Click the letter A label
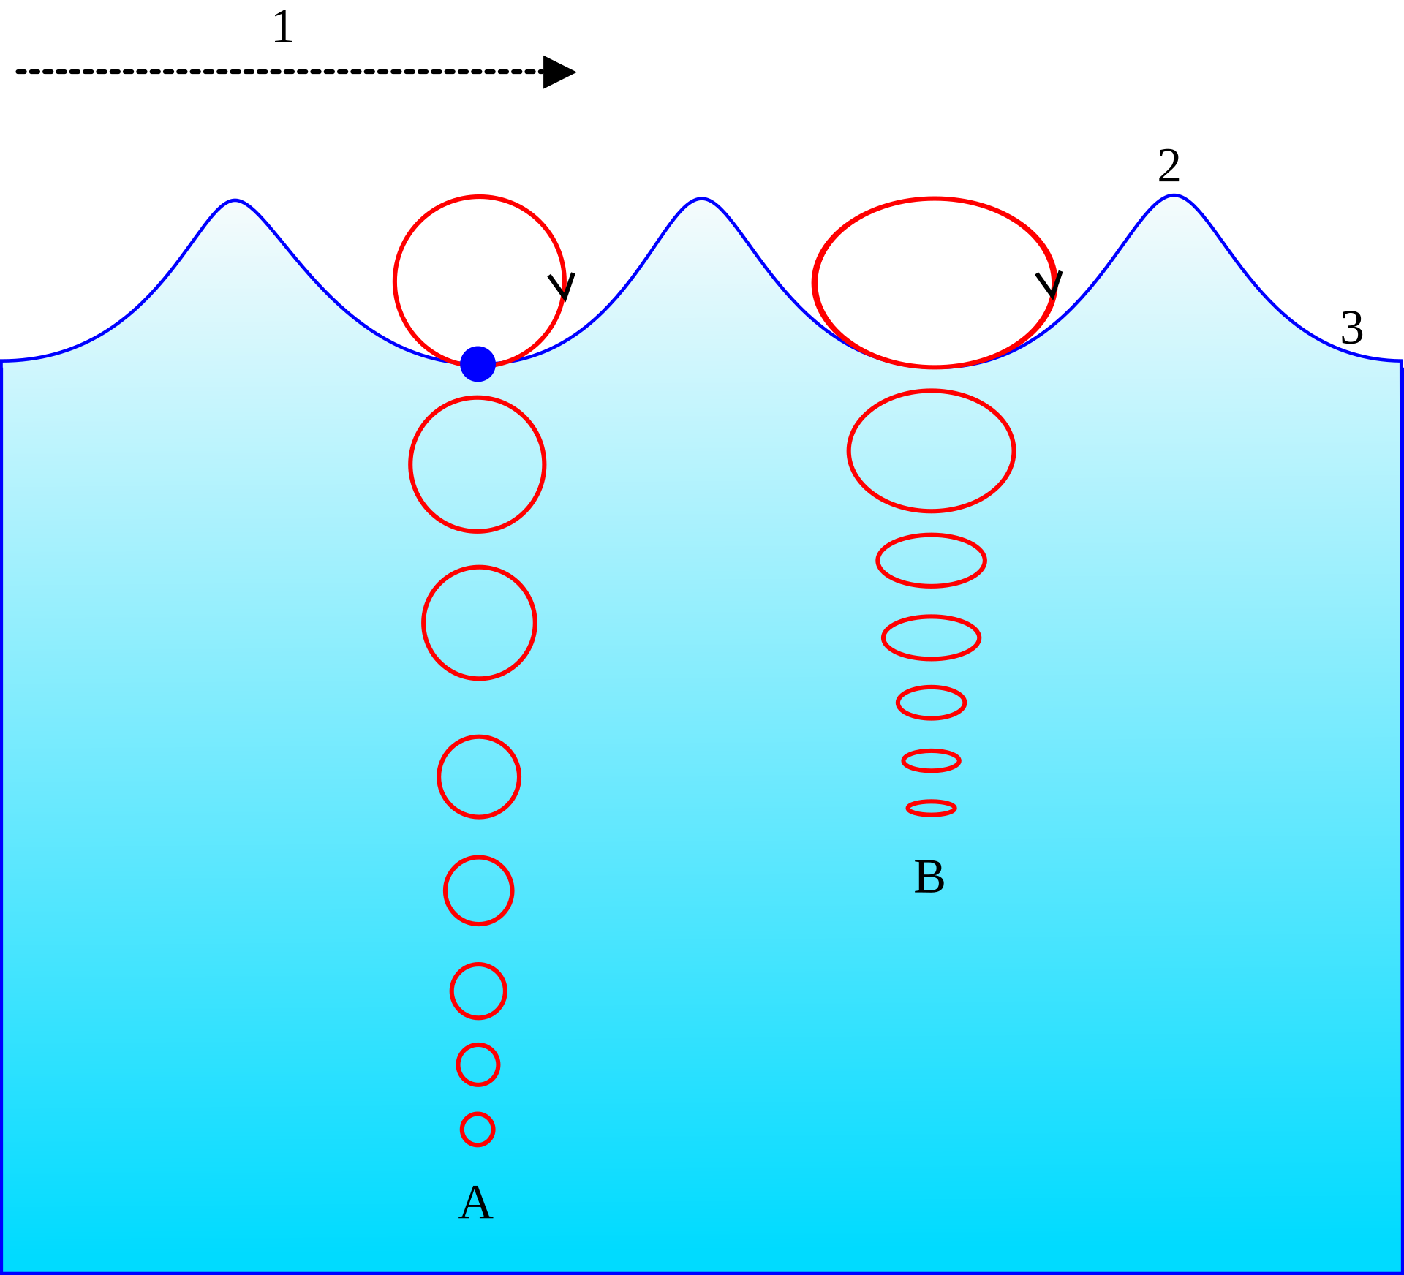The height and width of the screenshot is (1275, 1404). point(476,1203)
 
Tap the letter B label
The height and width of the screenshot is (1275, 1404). point(929,877)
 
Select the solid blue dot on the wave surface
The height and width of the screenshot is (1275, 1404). point(478,363)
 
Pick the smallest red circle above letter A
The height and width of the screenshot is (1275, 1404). point(478,1130)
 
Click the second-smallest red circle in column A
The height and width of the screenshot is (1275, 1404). point(478,1064)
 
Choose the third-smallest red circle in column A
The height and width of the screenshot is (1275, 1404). point(478,991)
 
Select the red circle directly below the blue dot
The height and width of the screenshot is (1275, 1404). point(478,464)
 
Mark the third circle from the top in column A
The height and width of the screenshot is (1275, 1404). point(479,623)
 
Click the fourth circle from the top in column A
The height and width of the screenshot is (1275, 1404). point(479,776)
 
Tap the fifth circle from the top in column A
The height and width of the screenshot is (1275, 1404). point(478,890)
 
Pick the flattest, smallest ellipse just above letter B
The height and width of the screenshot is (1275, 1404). point(931,808)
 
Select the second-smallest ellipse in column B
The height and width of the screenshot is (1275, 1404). point(931,760)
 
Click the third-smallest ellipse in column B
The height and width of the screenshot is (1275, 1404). point(931,703)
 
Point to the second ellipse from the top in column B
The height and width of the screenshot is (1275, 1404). point(931,450)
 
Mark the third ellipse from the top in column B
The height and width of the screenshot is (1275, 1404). point(931,561)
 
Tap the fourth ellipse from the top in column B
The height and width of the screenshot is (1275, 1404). point(931,637)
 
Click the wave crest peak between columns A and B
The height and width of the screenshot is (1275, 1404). point(702,200)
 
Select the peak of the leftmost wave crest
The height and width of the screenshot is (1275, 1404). point(235,200)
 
